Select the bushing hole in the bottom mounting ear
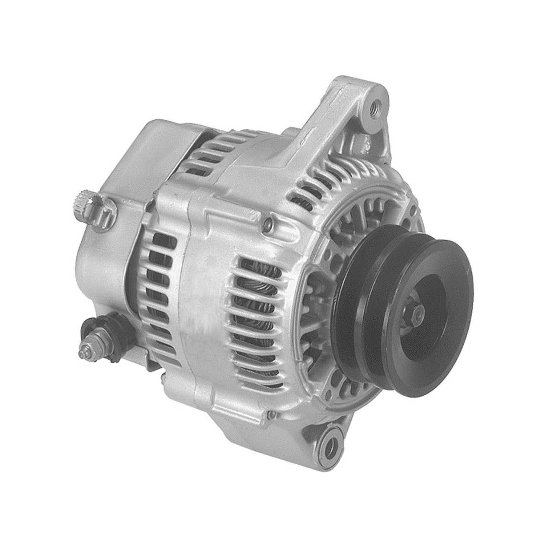pyautogui.click(x=331, y=442)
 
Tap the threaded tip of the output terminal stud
pyautogui.click(x=81, y=354)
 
